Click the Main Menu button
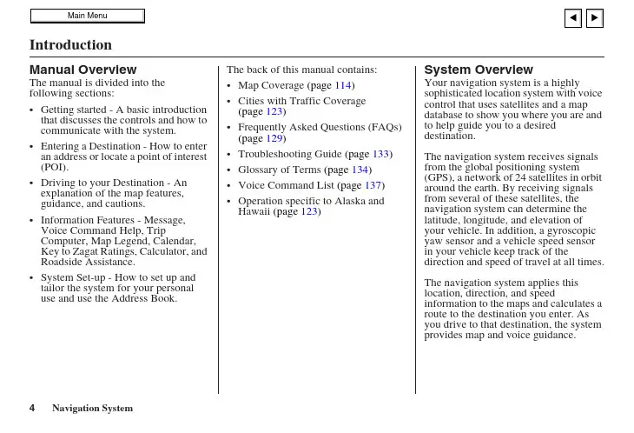[87, 16]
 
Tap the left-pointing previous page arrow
[572, 17]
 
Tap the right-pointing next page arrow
[595, 17]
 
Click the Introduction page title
[70, 44]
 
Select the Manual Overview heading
[83, 70]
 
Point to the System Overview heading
[478, 70]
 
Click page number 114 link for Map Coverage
[343, 85]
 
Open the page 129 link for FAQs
[274, 138]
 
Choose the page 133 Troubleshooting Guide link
[381, 154]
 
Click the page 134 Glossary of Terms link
[361, 170]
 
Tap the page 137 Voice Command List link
[373, 185]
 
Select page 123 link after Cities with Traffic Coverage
[274, 112]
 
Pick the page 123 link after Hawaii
[308, 211]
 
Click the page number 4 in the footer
[32, 408]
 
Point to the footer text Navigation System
[92, 408]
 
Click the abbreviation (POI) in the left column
[55, 167]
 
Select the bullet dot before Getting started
[32, 110]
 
